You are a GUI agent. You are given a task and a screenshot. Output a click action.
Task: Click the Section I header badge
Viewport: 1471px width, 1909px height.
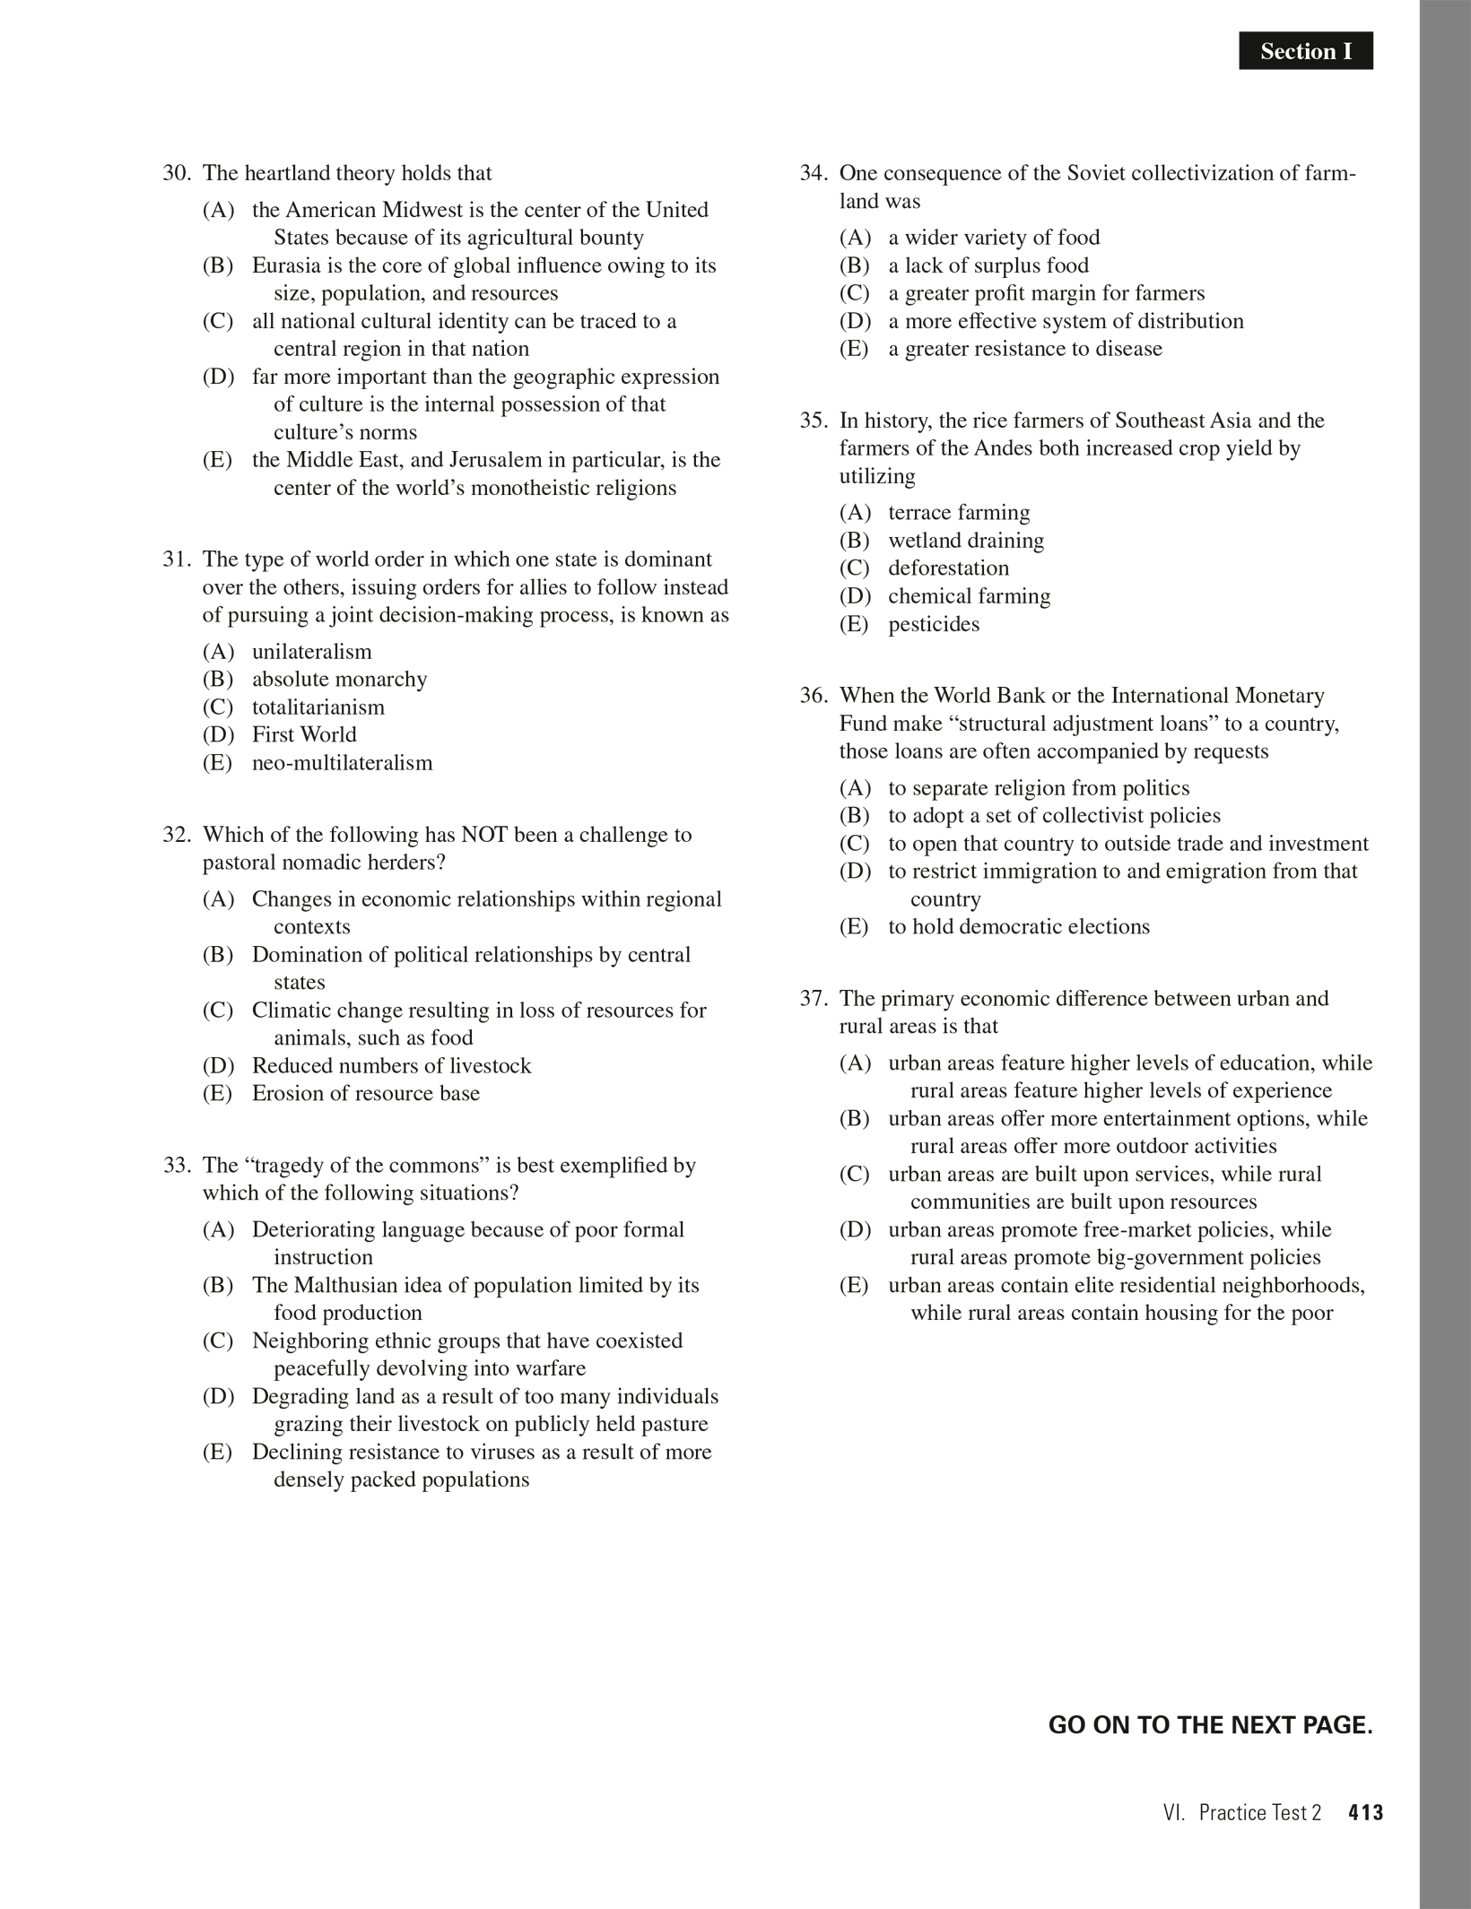1305,51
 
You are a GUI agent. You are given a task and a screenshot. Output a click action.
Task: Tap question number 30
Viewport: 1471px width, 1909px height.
176,173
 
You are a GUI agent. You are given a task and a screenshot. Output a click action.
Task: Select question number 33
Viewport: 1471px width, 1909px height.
176,1166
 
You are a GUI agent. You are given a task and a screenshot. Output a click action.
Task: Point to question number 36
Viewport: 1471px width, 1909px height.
813,696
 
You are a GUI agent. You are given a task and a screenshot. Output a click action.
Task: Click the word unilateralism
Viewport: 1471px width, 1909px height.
311,652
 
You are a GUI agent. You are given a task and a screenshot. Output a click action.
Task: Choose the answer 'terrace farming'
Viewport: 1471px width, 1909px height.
959,513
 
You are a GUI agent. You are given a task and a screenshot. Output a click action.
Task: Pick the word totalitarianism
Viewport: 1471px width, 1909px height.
318,707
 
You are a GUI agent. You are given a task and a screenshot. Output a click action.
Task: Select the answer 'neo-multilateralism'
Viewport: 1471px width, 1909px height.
342,763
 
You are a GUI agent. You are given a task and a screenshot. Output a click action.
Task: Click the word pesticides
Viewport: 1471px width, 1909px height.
934,624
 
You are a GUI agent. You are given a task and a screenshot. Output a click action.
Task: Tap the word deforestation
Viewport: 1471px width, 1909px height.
948,568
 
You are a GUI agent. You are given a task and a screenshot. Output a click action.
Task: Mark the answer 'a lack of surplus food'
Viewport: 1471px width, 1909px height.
988,265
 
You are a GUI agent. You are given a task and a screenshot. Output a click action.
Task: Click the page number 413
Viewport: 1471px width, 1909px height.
1365,1812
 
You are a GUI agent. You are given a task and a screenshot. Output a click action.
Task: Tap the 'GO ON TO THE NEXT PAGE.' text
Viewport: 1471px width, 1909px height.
1210,1725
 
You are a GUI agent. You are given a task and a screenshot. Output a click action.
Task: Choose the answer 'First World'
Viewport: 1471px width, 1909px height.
304,735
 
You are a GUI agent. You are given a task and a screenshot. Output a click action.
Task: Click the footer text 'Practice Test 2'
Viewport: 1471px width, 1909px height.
1259,1812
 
